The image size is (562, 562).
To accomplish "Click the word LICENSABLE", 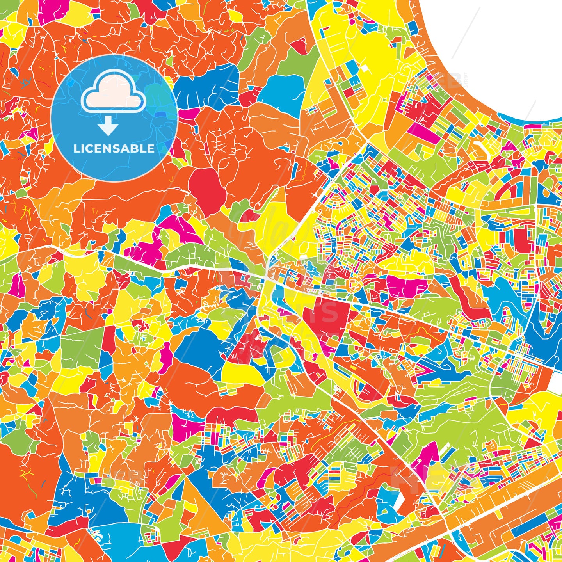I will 114,149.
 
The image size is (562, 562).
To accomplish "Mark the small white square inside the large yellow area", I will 365,68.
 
